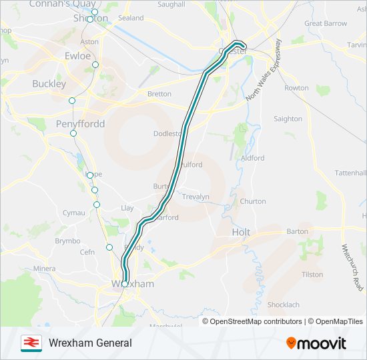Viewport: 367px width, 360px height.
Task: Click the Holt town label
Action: click(241, 232)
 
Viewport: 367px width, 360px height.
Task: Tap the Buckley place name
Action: click(49, 84)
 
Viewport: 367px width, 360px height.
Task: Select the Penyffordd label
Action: click(79, 124)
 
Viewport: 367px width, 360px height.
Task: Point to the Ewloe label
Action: click(77, 56)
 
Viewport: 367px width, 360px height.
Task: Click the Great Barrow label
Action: click(326, 23)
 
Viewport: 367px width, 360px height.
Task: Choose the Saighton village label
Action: click(288, 119)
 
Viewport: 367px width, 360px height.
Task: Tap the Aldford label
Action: click(252, 158)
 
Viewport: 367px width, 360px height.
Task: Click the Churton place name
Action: click(252, 201)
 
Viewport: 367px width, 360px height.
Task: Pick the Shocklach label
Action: click(284, 305)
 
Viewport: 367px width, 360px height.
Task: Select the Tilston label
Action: click(312, 274)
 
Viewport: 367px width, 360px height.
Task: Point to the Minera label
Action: click(44, 269)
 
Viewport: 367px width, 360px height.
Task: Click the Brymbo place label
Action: click(67, 241)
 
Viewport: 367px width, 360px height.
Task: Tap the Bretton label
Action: click(159, 94)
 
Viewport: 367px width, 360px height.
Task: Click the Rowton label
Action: click(296, 88)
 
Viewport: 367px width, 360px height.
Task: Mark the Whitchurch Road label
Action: click(352, 267)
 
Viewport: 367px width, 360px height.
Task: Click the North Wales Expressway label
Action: click(264, 69)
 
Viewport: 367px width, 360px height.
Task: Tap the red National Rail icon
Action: click(31, 343)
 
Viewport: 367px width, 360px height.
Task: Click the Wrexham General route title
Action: click(90, 343)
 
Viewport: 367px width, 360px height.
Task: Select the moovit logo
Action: click(316, 343)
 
